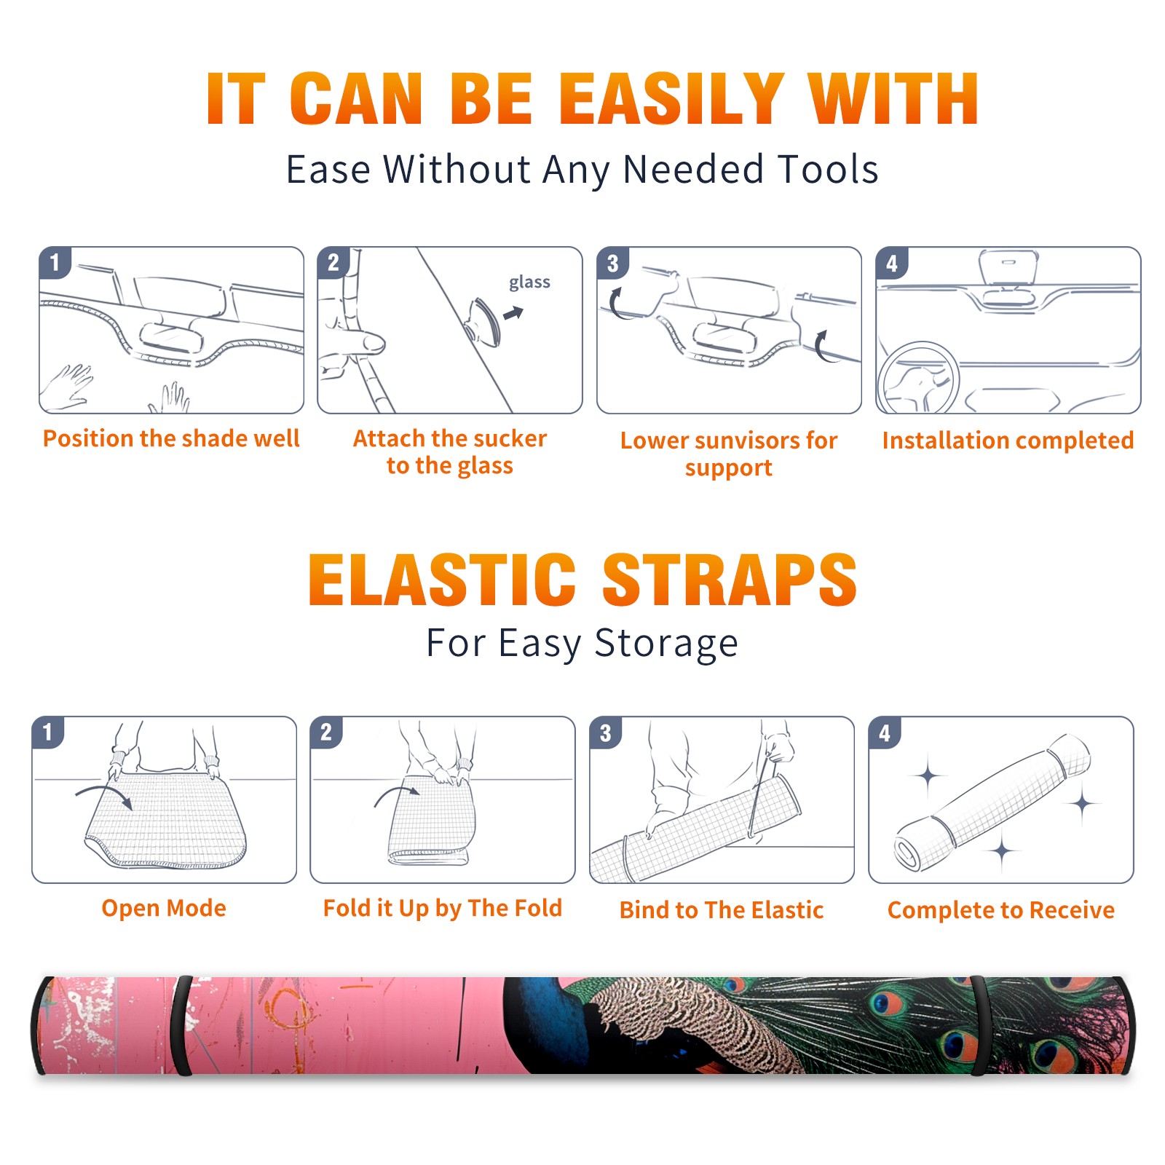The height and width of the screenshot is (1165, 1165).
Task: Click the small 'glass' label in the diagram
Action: tap(529, 283)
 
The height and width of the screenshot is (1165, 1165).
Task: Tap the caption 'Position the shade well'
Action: tap(171, 438)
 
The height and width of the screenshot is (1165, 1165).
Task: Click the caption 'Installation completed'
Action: tap(1008, 441)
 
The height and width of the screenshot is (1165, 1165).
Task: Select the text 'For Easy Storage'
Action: tap(582, 644)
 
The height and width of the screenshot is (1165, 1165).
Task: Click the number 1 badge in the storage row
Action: tap(48, 732)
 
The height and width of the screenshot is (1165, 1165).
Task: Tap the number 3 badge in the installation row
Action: tap(612, 263)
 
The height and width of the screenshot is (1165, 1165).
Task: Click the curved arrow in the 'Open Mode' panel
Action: tap(104, 794)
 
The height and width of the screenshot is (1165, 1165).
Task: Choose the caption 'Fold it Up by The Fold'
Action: tap(443, 909)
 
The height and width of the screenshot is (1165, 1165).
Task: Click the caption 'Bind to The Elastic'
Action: tap(722, 910)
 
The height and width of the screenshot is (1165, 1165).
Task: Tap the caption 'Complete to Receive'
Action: tap(1001, 910)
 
